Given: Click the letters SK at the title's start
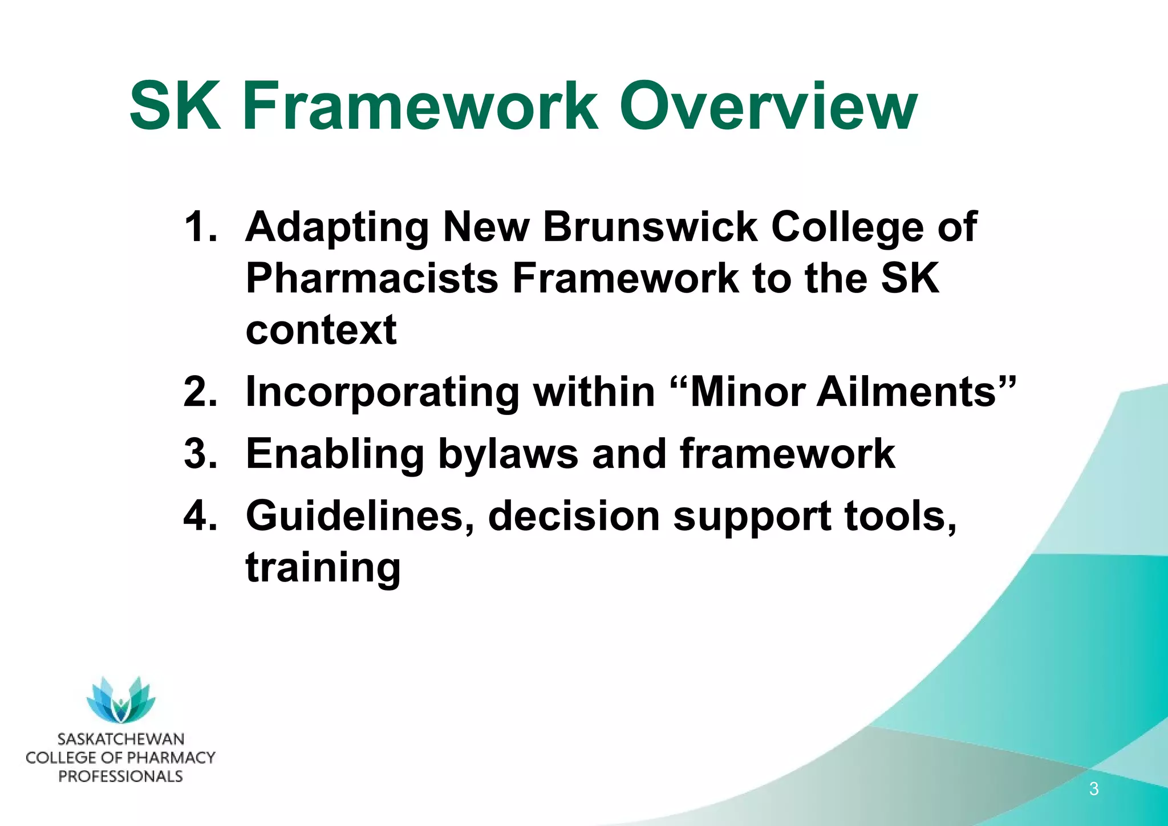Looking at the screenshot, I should pyautogui.click(x=175, y=107).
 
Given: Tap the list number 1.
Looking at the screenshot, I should pyautogui.click(x=200, y=227).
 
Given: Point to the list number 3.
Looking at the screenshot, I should pyautogui.click(x=200, y=454).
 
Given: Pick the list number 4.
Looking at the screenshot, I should pyautogui.click(x=200, y=515).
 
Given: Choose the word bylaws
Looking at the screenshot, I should pyautogui.click(x=508, y=455).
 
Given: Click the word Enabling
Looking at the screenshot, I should pyautogui.click(x=335, y=454).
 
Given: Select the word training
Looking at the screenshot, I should pyautogui.click(x=323, y=568).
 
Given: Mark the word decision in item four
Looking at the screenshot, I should pyautogui.click(x=573, y=515).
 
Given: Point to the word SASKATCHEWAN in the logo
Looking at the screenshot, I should pyautogui.click(x=121, y=739).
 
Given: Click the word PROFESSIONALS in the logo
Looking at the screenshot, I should pyautogui.click(x=121, y=776).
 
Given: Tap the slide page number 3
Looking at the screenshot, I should pyautogui.click(x=1093, y=789).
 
